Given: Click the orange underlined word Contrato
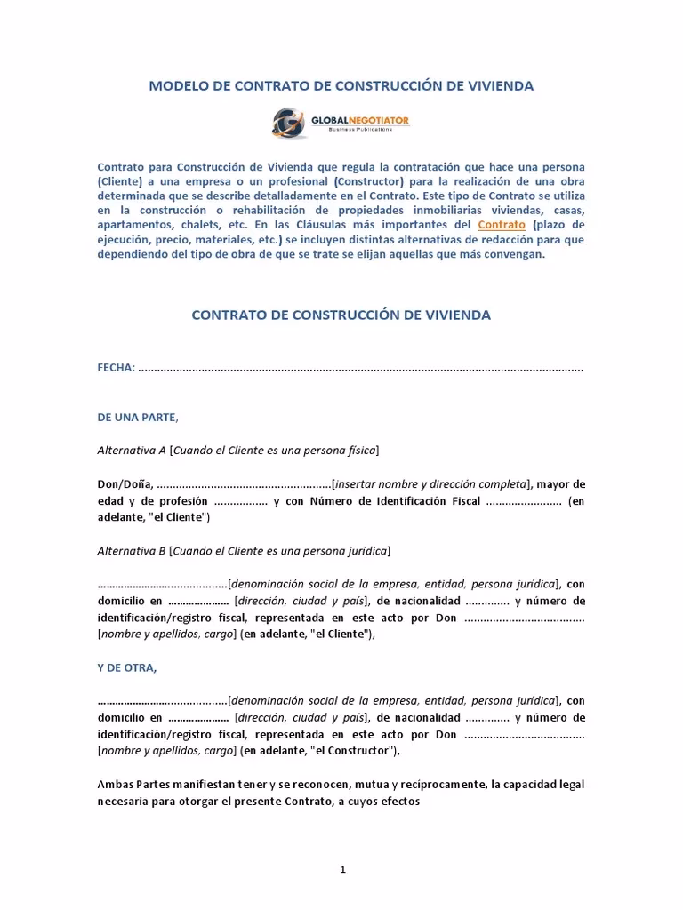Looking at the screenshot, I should (502, 225).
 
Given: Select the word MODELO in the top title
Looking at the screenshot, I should (179, 86).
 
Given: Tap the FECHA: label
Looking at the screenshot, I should (117, 367).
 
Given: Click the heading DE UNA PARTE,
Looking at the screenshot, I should (138, 417).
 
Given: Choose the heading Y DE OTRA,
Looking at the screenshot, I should (127, 667).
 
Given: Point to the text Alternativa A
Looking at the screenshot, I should (131, 451).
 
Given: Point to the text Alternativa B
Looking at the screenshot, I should (131, 551).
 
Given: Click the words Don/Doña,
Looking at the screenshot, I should (125, 484).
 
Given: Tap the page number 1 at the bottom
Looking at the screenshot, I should (341, 870).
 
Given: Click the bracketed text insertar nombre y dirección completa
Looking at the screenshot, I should (431, 484).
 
